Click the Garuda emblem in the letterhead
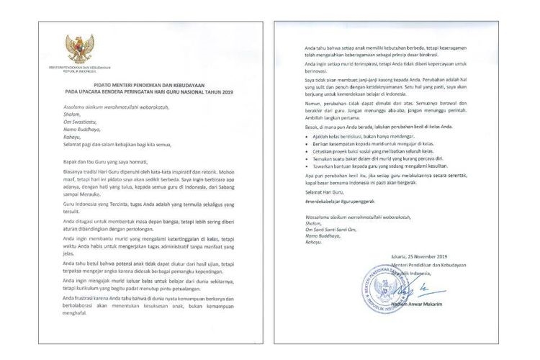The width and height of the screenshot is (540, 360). (79, 48)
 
